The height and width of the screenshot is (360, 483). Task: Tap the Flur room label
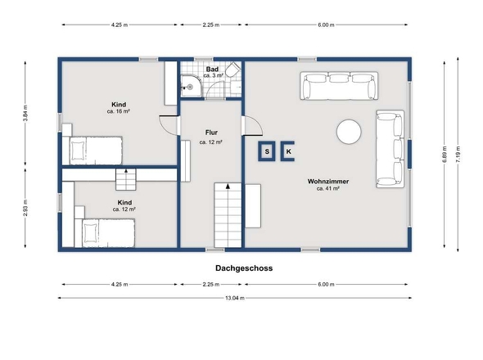pyautogui.click(x=211, y=131)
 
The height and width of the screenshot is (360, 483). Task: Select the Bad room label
pyautogui.click(x=211, y=70)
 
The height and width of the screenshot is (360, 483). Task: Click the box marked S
pyautogui.click(x=267, y=151)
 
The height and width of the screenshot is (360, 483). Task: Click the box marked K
pyautogui.click(x=289, y=151)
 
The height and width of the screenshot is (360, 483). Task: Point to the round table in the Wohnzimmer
pyautogui.click(x=350, y=132)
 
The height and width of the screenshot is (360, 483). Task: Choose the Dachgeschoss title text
pyautogui.click(x=244, y=268)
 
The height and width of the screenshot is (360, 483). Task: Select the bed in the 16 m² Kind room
pyautogui.click(x=93, y=151)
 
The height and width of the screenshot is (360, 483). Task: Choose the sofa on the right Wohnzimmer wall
pyautogui.click(x=390, y=148)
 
